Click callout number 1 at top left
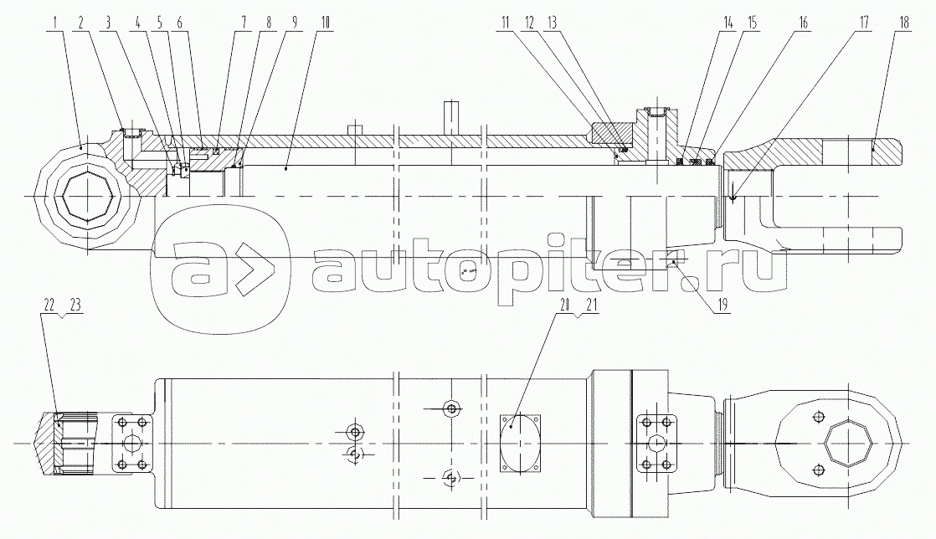[55, 23]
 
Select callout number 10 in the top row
[325, 23]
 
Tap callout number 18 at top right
[903, 23]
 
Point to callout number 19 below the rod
[722, 305]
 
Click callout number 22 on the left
[49, 305]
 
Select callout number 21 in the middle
[590, 305]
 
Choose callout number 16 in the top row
[803, 23]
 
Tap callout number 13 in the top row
[552, 23]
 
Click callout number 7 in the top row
[243, 23]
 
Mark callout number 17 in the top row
[864, 23]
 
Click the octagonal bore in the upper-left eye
[86, 197]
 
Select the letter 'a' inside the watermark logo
[202, 270]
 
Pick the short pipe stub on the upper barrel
[355, 129]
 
